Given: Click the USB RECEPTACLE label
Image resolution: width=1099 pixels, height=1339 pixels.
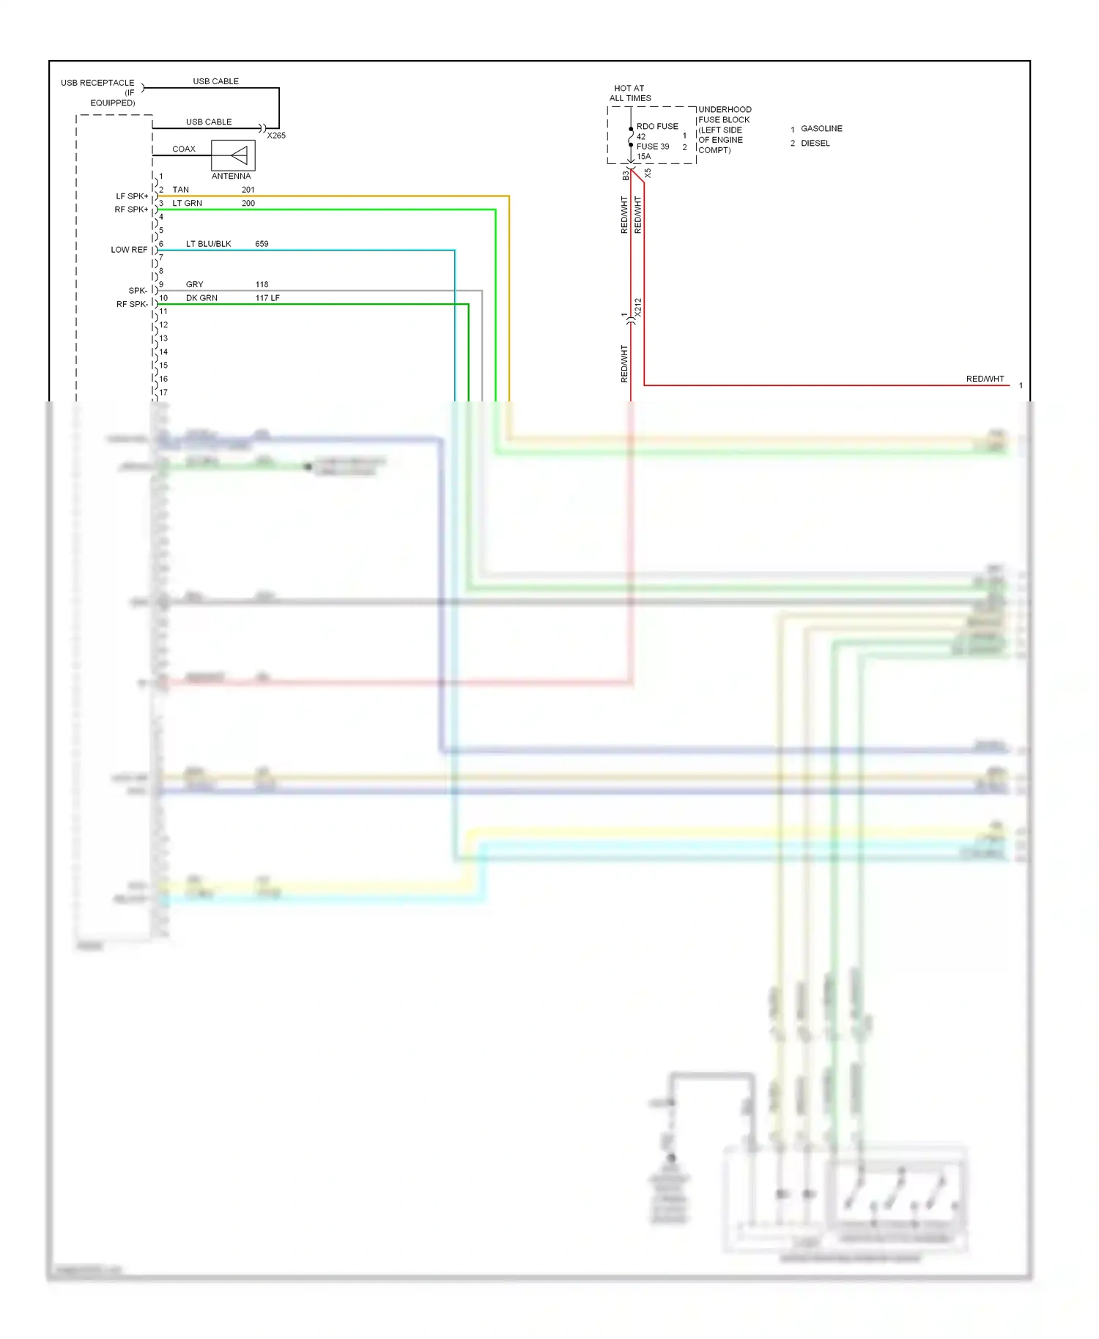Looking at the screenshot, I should tap(97, 83).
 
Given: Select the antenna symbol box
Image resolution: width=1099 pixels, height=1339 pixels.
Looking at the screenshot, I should tap(233, 155).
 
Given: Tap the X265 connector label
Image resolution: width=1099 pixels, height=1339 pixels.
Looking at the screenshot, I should tap(276, 136).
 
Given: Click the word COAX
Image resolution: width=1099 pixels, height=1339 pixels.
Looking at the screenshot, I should tap(184, 149).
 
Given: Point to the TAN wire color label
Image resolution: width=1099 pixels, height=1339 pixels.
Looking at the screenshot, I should tap(180, 190).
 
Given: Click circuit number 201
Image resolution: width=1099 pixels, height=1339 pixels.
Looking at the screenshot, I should tap(248, 190).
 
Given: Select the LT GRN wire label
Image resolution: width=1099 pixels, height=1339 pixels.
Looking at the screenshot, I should tap(187, 203).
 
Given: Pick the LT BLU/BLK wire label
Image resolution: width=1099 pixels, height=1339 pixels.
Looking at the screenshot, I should tap(208, 244).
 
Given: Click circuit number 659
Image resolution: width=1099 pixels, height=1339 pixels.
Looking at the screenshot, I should tap(262, 244).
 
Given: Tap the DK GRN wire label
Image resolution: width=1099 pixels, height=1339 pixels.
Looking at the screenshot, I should tap(201, 298).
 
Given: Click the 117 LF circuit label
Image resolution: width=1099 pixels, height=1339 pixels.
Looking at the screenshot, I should tap(267, 298).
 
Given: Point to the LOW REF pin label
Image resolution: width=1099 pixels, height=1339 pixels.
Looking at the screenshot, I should tap(129, 250).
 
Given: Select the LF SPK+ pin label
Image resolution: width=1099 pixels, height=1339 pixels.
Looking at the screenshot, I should tap(132, 196).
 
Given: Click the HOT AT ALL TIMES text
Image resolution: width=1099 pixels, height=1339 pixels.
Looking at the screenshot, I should tap(630, 93).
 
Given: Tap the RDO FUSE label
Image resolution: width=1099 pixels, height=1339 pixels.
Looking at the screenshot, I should tap(657, 127).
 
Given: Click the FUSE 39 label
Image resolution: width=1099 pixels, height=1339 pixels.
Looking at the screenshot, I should tap(653, 146).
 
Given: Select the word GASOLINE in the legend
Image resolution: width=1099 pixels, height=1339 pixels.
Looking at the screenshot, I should tap(821, 129).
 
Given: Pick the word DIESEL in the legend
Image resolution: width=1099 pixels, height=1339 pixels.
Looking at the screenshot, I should tap(815, 144).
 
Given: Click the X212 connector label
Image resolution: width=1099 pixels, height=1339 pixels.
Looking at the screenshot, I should tap(638, 307).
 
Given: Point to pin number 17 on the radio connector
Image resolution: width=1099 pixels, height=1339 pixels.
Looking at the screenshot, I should tap(163, 393).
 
